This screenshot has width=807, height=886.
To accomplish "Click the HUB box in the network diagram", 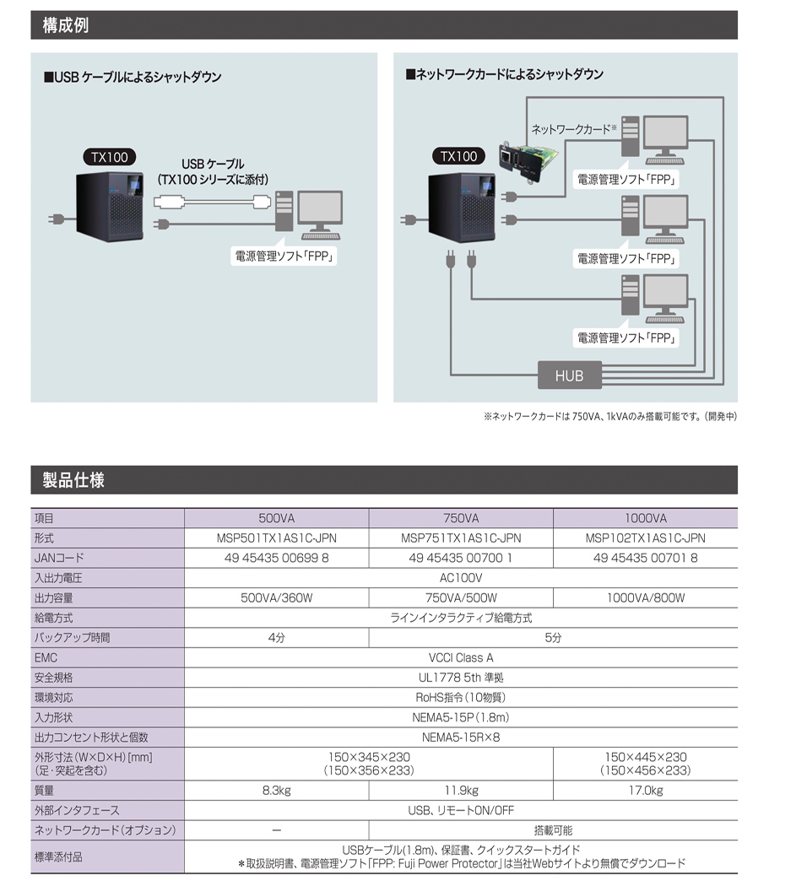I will click(569, 375).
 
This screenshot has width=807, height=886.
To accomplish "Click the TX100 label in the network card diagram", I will click(458, 156).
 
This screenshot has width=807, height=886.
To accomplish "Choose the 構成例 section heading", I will click(66, 25).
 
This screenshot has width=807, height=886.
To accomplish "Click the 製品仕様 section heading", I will click(74, 480).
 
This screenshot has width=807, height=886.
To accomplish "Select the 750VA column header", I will click(461, 518).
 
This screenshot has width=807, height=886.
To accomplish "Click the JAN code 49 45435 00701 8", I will click(646, 558).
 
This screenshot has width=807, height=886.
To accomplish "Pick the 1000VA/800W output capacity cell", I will click(646, 598).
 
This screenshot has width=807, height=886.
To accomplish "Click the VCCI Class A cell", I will click(461, 657).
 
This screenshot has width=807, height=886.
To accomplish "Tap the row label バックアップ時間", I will click(72, 638).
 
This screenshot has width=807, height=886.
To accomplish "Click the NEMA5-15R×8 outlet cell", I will click(461, 737).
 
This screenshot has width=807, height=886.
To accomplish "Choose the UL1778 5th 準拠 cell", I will click(461, 678).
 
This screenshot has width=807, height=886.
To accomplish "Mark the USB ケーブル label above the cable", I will click(214, 164).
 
